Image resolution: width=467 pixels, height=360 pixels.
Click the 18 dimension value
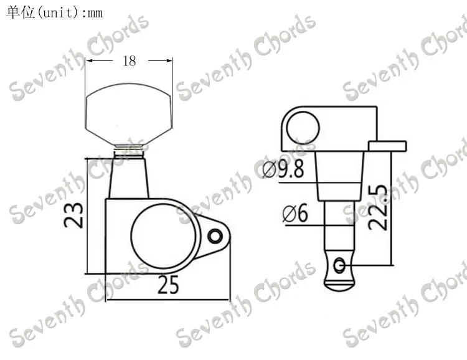tap(130, 61)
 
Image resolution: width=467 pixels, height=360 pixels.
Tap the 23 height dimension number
tap(73, 215)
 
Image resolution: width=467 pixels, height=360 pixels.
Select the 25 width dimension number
tap(168, 285)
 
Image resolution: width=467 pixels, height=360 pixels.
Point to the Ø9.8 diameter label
tap(283, 169)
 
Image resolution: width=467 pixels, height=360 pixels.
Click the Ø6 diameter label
tap(295, 214)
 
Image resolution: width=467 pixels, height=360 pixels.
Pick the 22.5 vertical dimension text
tap(378, 207)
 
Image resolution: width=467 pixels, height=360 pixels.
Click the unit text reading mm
tap(95, 14)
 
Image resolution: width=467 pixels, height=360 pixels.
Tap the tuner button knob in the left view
tap(128, 114)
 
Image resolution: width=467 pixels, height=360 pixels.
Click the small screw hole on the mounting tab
tap(215, 236)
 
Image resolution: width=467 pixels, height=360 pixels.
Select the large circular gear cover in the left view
tap(163, 236)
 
